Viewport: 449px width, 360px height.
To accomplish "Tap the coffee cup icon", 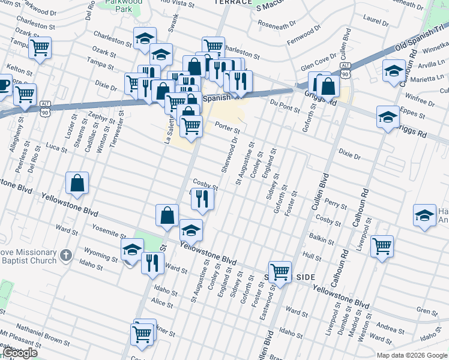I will (3, 85).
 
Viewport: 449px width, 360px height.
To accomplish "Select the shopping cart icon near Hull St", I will (382, 245).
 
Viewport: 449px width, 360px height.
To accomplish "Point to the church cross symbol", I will (67, 257).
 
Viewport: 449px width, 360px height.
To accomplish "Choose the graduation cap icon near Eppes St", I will (388, 115).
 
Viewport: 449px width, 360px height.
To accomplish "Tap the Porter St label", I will (228, 128).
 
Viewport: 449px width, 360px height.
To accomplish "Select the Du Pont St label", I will (285, 106).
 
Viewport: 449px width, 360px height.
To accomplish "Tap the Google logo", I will (19, 353).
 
